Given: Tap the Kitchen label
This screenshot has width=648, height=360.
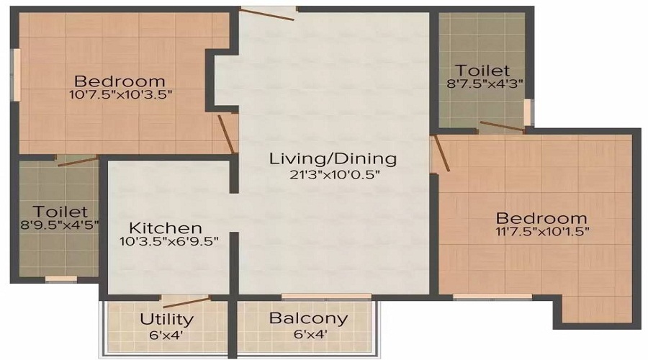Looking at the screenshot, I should point(161,227).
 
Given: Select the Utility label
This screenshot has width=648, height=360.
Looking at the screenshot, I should point(166,319).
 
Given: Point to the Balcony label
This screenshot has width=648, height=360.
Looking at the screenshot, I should point(308,318).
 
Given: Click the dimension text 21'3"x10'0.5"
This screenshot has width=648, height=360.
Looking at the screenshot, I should point(333,174).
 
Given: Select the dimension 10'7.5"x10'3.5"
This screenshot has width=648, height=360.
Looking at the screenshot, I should point(120,94).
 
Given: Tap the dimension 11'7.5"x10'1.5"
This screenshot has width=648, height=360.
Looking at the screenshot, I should point(541,232).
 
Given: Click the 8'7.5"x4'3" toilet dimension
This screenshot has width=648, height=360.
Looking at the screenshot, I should point(483,84).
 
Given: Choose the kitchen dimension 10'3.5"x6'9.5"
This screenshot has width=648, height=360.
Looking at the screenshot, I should point(169,241).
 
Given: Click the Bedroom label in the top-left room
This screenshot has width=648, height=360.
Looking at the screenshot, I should point(120,80).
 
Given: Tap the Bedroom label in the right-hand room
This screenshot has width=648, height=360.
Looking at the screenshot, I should point(541,217).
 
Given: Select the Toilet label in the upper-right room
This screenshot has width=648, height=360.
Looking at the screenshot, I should point(483,71).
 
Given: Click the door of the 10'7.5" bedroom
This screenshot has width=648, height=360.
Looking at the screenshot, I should point(228,133).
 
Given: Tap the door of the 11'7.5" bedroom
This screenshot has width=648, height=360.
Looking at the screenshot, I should point(440,153).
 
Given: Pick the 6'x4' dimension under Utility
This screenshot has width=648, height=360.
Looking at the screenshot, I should point(166,334).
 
